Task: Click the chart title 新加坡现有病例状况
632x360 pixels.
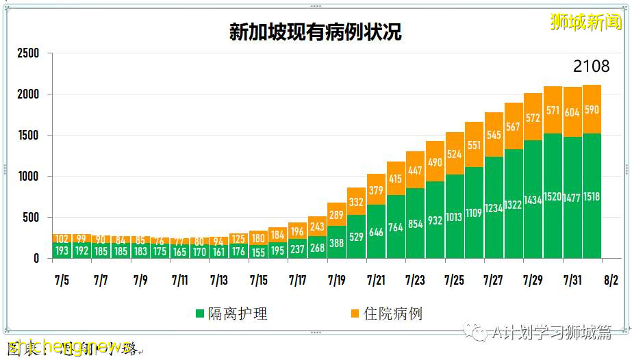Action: coord(315,33)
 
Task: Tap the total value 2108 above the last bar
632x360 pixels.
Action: coord(591,66)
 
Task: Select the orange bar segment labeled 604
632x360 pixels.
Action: coord(572,112)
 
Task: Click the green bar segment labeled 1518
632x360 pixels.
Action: coord(592,196)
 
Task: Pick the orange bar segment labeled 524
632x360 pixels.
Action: coord(454,153)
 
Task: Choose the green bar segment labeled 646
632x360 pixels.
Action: coord(375,231)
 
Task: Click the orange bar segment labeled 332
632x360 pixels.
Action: coord(355,202)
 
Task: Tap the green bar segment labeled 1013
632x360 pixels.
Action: coord(454,217)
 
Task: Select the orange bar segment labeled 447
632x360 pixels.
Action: coord(414,170)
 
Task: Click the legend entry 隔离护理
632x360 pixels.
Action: coord(231,313)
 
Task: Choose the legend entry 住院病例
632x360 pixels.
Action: coord(385,313)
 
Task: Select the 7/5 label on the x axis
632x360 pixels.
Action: coord(61,281)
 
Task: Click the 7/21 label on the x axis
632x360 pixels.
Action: coord(376,281)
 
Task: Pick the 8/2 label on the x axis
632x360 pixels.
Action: coord(610,281)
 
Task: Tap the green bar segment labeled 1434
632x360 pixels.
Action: coord(533,200)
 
